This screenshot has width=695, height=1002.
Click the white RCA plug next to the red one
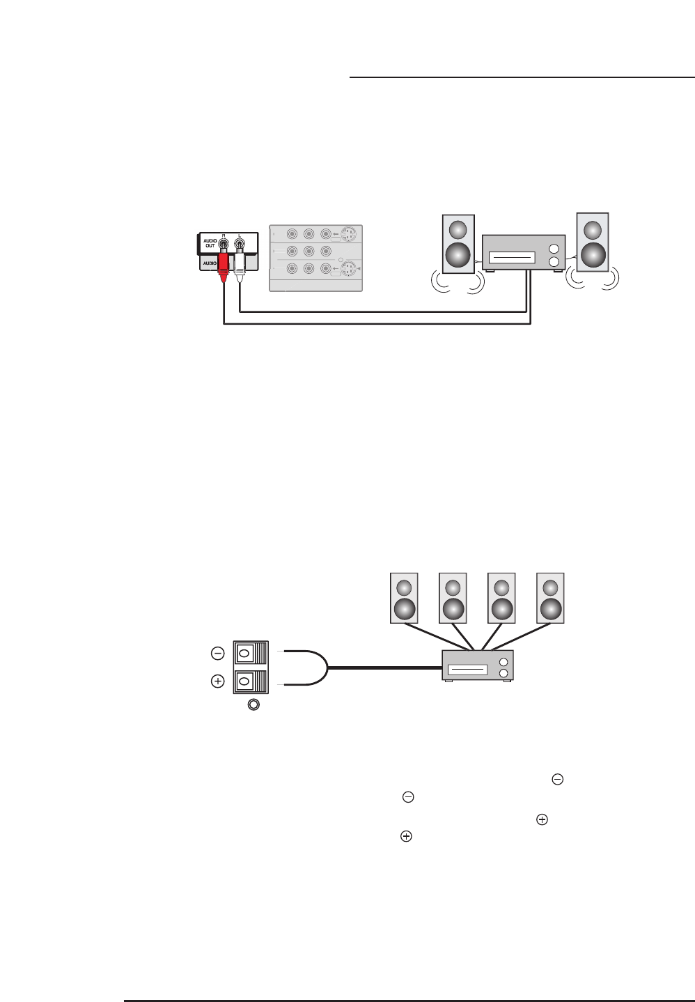click(x=240, y=268)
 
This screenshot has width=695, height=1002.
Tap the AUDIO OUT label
click(x=210, y=245)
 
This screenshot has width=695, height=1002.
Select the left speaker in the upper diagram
click(x=459, y=243)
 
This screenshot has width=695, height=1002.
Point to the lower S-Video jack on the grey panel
click(x=348, y=269)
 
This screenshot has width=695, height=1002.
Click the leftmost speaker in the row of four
click(x=404, y=598)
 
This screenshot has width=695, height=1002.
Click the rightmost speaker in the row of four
click(x=550, y=598)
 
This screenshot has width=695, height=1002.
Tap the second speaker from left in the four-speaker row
click(x=453, y=598)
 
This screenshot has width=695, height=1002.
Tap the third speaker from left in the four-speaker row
click(x=501, y=598)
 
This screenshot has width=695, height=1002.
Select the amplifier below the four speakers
click(x=478, y=665)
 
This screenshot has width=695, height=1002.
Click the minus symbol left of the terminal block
click(x=217, y=654)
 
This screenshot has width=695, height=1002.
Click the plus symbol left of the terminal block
click(x=217, y=682)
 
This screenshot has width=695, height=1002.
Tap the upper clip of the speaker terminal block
click(x=244, y=654)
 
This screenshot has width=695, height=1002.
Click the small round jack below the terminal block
click(x=253, y=705)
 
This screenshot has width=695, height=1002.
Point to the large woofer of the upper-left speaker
click(x=459, y=255)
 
